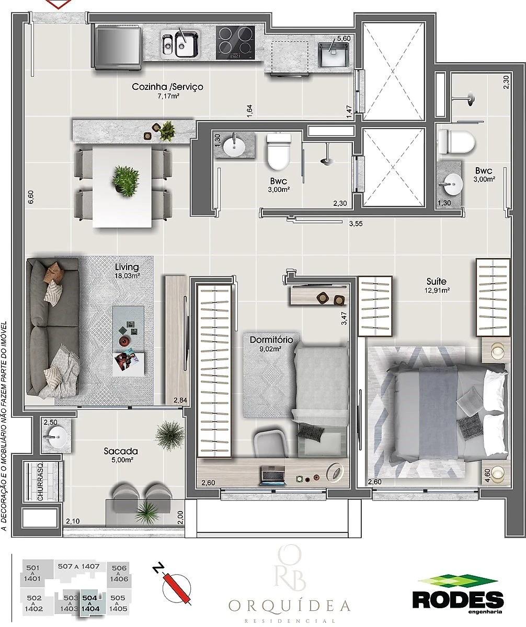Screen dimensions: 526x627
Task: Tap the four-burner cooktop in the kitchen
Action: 235,42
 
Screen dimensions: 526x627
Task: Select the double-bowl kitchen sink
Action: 180,43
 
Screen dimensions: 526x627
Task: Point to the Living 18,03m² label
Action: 127,271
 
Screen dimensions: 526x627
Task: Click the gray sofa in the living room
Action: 53,327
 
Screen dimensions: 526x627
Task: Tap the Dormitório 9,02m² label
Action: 271,343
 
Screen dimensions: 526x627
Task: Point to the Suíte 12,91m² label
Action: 437,285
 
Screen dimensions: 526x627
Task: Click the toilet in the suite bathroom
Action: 456,141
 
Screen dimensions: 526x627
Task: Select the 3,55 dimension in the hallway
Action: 356,224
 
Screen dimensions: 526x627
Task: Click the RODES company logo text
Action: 458,599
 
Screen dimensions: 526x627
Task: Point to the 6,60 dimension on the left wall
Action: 31,197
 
